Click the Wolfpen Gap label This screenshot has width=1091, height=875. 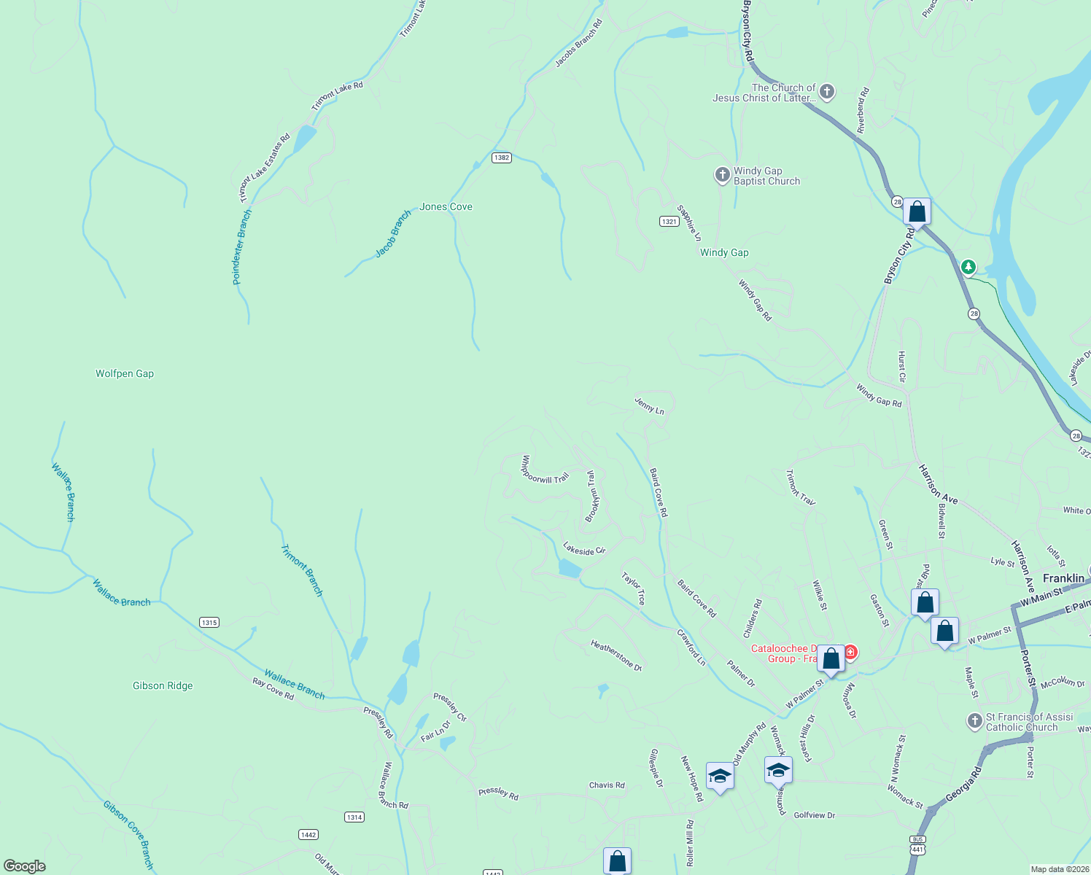[125, 373]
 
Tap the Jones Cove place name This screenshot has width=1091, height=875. [446, 207]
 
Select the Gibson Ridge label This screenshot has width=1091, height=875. [163, 685]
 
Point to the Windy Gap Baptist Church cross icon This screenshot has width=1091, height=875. [722, 175]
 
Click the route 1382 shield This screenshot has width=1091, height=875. [501, 157]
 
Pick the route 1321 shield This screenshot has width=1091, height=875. [669, 221]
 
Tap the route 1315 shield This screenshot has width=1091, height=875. [209, 622]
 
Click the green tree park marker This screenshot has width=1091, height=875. [968, 268]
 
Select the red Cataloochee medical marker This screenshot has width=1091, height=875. [850, 651]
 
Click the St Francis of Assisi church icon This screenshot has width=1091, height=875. [974, 721]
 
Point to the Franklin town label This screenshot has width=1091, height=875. [1063, 578]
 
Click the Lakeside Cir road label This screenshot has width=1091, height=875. [584, 548]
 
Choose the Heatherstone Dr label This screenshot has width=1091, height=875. [616, 655]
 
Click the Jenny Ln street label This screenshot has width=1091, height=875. [649, 407]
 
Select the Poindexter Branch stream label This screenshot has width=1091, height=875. [241, 247]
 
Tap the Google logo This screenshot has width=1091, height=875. [25, 866]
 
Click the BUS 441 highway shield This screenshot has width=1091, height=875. [917, 844]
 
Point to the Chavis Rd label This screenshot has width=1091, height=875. [607, 785]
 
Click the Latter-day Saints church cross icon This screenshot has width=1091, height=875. [826, 92]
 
